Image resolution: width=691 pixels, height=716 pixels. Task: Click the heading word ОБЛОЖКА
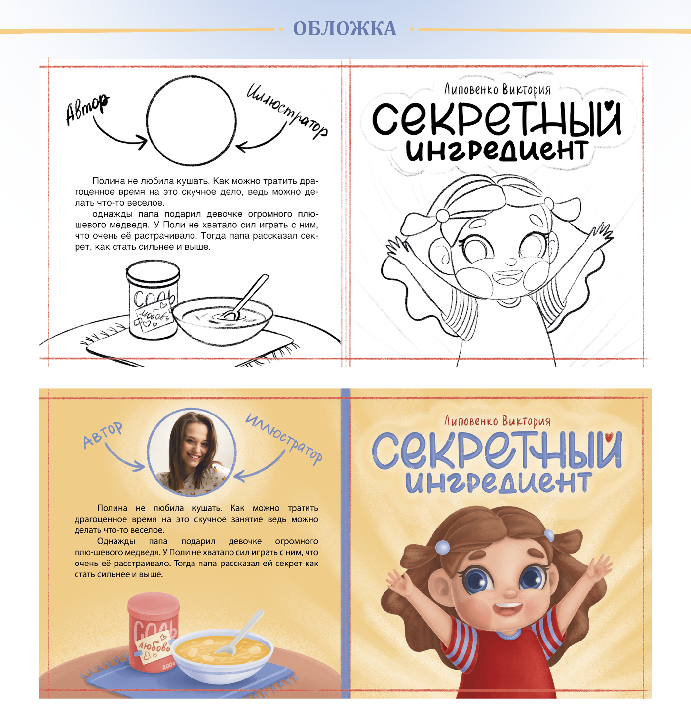[345, 28]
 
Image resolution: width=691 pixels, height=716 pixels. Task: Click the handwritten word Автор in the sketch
[87, 109]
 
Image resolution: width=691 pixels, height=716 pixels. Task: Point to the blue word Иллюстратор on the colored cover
[284, 438]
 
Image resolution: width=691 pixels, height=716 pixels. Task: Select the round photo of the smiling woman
[192, 452]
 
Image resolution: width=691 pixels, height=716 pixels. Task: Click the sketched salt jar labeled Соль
[153, 300]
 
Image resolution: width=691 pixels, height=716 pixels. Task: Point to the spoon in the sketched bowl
[243, 297]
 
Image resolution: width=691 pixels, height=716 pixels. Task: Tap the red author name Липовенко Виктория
[497, 420]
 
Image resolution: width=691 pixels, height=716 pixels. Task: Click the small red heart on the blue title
[610, 436]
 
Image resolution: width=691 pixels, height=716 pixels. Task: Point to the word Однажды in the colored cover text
[116, 541]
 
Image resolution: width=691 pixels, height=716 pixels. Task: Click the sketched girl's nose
[510, 262]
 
